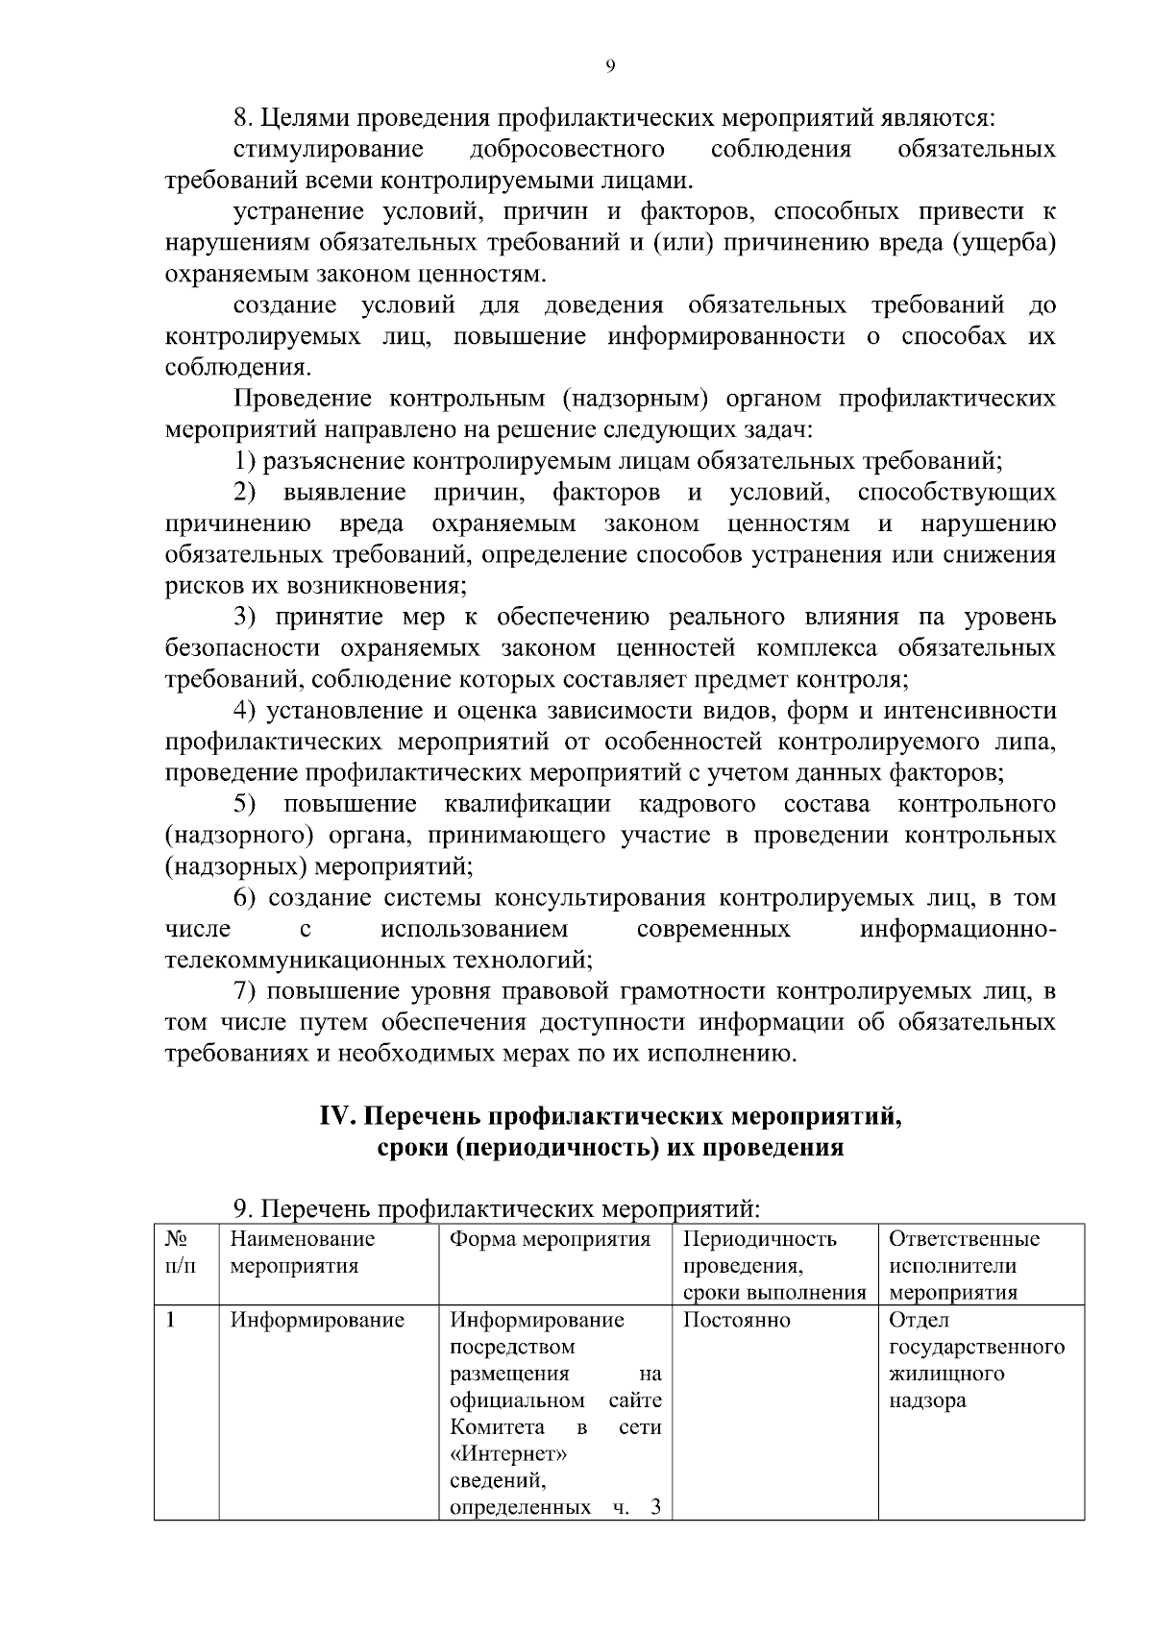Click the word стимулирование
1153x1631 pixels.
329,149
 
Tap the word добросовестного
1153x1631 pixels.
567,149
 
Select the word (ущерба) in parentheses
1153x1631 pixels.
1005,242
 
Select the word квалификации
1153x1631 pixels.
527,804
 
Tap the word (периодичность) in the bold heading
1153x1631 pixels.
557,1148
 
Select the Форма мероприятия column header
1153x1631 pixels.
550,1239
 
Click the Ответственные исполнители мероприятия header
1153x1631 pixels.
964,1265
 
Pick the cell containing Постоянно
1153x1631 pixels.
736,1320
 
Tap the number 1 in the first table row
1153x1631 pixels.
171,1320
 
